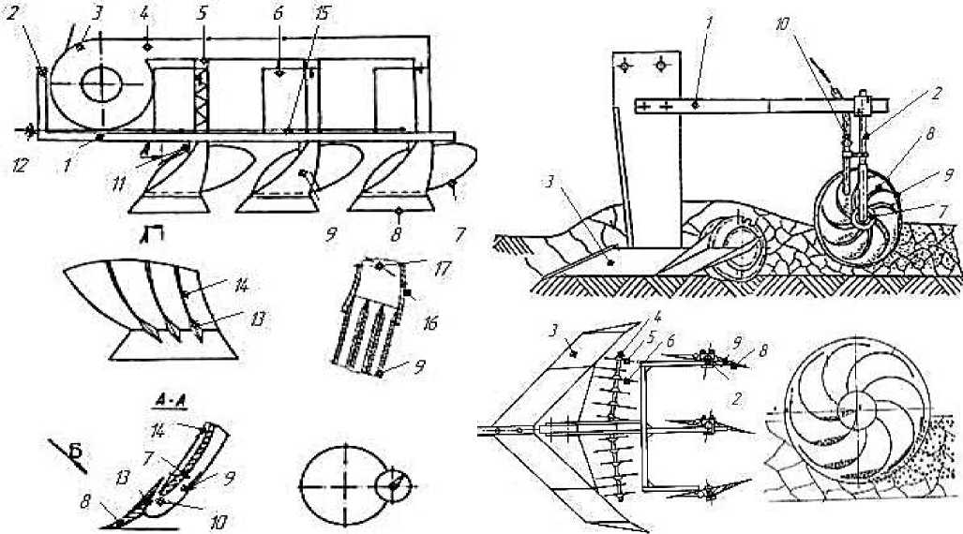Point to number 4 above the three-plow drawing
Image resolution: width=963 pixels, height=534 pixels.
(x=146, y=16)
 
